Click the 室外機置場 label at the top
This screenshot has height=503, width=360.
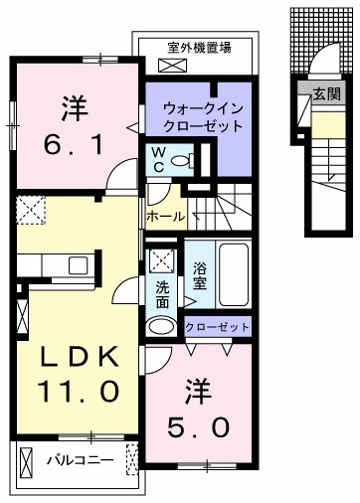pos(200,47)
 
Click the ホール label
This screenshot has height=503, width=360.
pos(164,215)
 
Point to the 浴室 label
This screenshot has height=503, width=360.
pos(200,274)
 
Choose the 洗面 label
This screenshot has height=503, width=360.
pos(162,295)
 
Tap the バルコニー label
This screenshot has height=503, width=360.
pos(74,461)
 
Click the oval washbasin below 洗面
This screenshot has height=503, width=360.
pos(161,326)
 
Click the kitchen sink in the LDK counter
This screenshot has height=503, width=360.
pos(77,264)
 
